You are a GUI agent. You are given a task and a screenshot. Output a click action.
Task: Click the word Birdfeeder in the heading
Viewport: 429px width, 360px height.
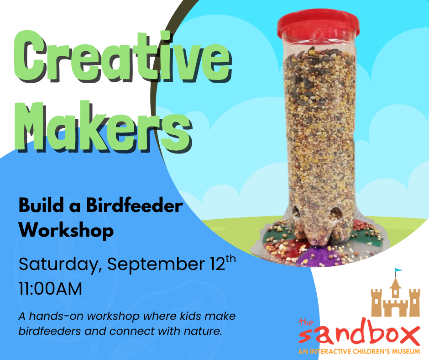coord(134,206)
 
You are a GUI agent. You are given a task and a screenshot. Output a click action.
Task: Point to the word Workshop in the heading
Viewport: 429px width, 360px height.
coord(66,230)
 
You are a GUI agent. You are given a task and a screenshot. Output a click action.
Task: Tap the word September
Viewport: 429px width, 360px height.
coord(156,265)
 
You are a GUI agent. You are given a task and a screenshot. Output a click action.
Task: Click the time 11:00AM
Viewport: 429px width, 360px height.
coord(50,289)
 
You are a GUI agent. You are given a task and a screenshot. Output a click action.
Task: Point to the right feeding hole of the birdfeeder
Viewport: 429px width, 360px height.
coord(336,214)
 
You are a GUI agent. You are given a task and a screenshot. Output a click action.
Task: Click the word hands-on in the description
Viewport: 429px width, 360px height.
coord(57,316)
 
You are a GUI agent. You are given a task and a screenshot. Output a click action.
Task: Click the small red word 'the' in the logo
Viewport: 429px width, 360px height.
coord(306,322)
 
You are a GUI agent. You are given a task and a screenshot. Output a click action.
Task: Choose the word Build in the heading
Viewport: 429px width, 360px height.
coord(42,206)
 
